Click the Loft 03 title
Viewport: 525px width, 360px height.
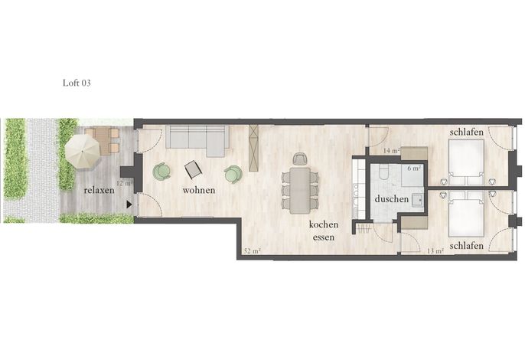pyautogui.click(x=77, y=83)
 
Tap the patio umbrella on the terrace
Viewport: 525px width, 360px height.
pyautogui.click(x=83, y=153)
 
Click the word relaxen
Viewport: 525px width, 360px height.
pyautogui.click(x=99, y=191)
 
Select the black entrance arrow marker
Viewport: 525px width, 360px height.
pyautogui.click(x=129, y=205)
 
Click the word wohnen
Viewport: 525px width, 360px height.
pyautogui.click(x=199, y=190)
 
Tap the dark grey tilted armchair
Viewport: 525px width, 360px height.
pyautogui.click(x=193, y=169)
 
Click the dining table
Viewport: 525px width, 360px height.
pyautogui.click(x=300, y=191)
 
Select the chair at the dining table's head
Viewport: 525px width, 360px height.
pyautogui.click(x=300, y=159)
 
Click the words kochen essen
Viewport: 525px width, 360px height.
pyautogui.click(x=324, y=231)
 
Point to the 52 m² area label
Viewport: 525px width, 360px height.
pyautogui.click(x=253, y=250)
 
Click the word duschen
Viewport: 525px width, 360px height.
pyautogui.click(x=392, y=199)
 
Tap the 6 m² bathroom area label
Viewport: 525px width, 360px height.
pyautogui.click(x=414, y=169)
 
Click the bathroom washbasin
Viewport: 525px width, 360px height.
pyautogui.click(x=417, y=200)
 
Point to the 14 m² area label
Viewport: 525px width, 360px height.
pyautogui.click(x=391, y=151)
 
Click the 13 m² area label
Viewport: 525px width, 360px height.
pyautogui.click(x=435, y=250)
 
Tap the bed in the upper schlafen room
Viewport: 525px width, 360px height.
pyautogui.click(x=466, y=162)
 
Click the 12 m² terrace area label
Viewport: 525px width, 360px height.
pyautogui.click(x=125, y=183)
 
